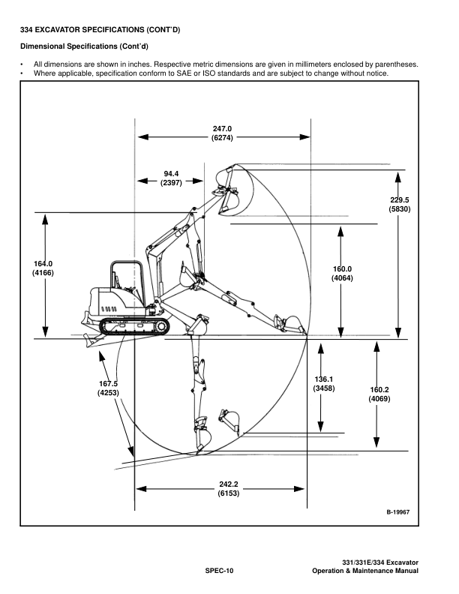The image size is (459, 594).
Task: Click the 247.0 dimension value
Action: (222, 128)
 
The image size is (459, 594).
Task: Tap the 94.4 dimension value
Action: (171, 173)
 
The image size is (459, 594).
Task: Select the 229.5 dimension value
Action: (399, 199)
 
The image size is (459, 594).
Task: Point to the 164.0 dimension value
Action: (43, 264)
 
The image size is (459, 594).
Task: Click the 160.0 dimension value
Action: (342, 269)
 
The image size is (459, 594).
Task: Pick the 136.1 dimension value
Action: (323, 379)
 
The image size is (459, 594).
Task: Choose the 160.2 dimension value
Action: (379, 389)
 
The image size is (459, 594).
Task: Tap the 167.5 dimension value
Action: (107, 384)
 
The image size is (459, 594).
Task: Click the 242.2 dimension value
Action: (229, 484)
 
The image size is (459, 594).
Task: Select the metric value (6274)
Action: (222, 138)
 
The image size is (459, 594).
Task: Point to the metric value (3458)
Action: (323, 388)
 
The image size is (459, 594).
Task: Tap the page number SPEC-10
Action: (220, 571)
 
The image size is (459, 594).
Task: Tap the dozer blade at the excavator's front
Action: (91, 339)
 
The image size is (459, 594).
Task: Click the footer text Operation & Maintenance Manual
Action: (365, 571)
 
